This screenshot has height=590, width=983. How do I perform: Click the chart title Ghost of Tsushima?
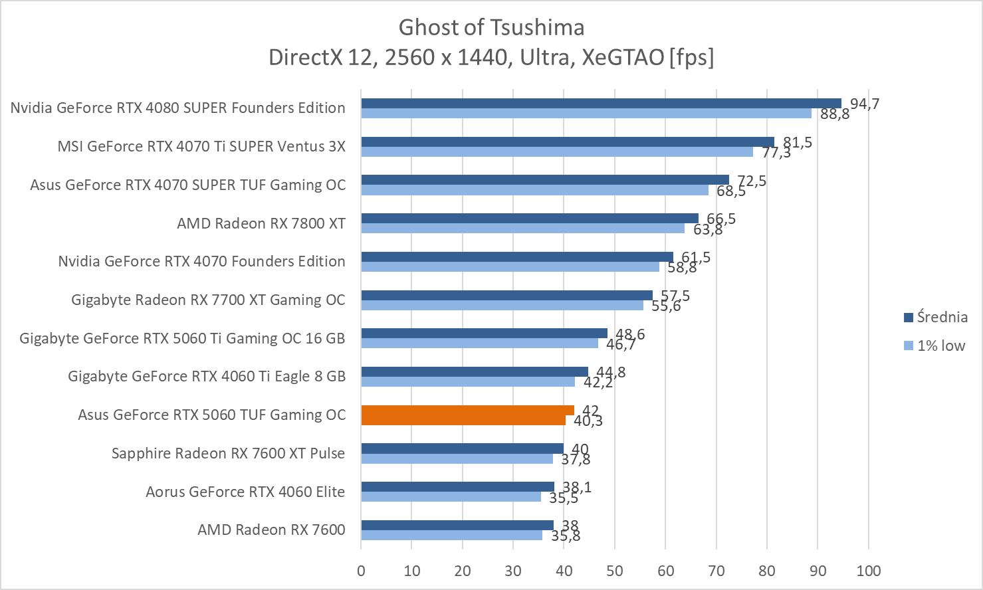[x=491, y=27]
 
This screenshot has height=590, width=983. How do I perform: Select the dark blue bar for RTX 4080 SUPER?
[x=601, y=103]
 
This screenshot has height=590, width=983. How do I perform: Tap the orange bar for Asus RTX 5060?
[x=467, y=415]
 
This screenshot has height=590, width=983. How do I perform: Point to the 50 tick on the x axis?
[x=615, y=571]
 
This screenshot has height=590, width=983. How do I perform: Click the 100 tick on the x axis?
[x=869, y=571]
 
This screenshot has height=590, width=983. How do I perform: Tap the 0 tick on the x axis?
[x=361, y=571]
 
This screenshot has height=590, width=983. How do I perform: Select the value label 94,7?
[x=865, y=104]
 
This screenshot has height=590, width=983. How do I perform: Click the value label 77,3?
[x=776, y=153]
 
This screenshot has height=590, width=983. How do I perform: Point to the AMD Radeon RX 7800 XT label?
[x=261, y=223]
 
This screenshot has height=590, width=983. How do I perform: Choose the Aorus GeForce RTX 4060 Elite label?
[x=245, y=492]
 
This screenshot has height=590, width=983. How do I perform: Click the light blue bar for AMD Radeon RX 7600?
[x=451, y=535]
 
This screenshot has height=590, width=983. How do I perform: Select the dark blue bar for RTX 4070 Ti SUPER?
[x=568, y=142]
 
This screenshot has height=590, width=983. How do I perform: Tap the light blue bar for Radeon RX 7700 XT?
[x=502, y=305]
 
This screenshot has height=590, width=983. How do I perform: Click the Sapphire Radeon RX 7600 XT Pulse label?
[x=229, y=453]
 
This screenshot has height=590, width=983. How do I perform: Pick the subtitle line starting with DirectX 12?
[x=491, y=58]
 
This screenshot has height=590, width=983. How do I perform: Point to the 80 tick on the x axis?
[x=767, y=571]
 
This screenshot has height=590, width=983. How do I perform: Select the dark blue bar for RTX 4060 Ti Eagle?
[x=475, y=371]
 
